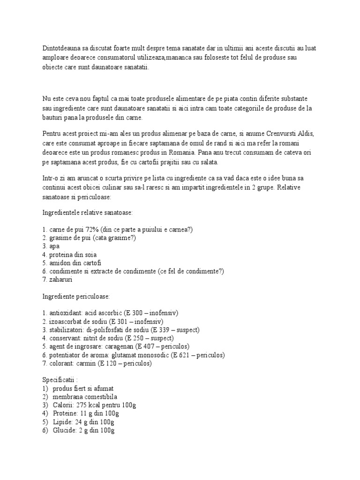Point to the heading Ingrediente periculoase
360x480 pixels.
click(x=76, y=297)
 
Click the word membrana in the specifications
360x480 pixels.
click(x=69, y=397)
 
